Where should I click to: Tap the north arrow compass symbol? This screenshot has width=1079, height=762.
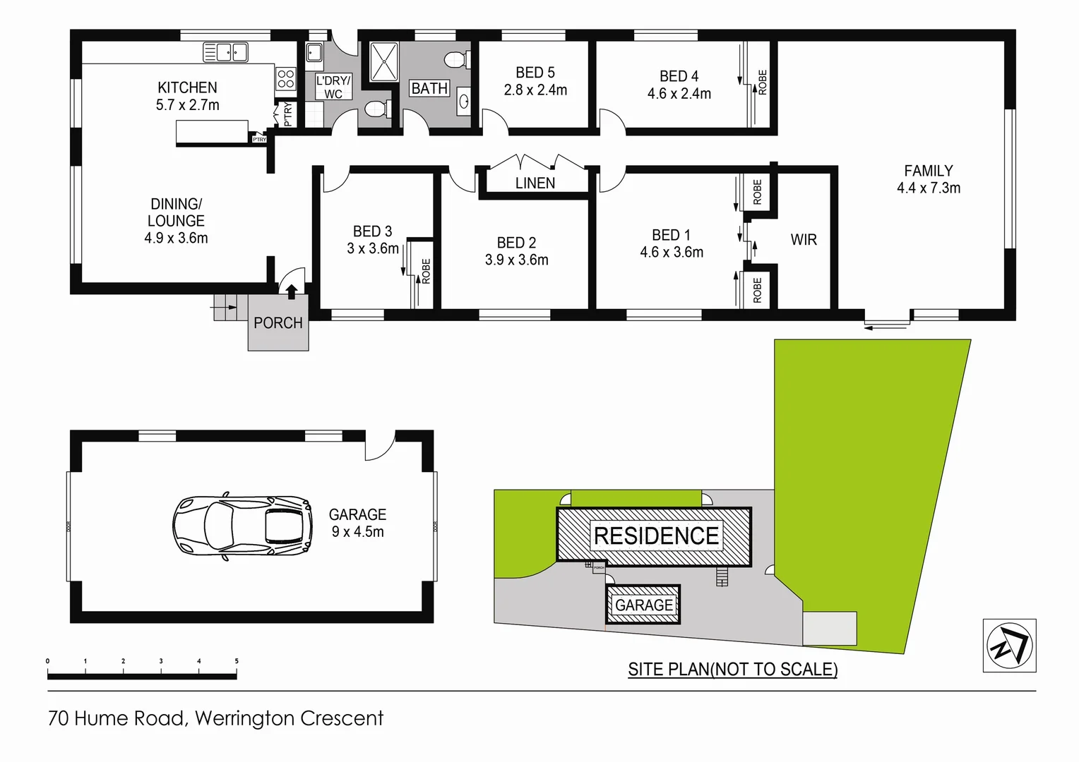click(1009, 645)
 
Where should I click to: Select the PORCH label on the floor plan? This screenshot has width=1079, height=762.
click(278, 323)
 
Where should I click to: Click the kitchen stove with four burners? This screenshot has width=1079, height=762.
click(285, 79)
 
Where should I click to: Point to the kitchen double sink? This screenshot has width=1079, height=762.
click(225, 52)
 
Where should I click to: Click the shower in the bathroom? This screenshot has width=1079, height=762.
click(385, 61)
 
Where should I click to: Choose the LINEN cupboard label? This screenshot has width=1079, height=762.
click(535, 183)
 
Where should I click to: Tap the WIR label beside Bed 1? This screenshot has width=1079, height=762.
click(804, 240)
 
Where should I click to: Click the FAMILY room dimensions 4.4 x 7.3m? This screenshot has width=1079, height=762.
click(928, 188)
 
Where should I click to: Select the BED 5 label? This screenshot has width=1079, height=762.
click(535, 73)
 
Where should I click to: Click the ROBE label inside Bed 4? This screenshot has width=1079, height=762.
click(762, 82)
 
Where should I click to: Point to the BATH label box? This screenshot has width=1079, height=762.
click(429, 89)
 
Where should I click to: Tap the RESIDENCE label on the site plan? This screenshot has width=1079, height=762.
click(656, 536)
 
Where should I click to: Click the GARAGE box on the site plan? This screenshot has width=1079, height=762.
click(643, 605)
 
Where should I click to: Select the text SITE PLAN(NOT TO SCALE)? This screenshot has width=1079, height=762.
click(732, 669)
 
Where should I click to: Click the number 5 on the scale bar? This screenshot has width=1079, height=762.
click(237, 661)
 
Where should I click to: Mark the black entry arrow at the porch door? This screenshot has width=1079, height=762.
click(291, 291)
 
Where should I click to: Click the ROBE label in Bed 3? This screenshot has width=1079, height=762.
click(425, 272)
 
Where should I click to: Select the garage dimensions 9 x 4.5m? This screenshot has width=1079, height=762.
click(357, 532)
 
